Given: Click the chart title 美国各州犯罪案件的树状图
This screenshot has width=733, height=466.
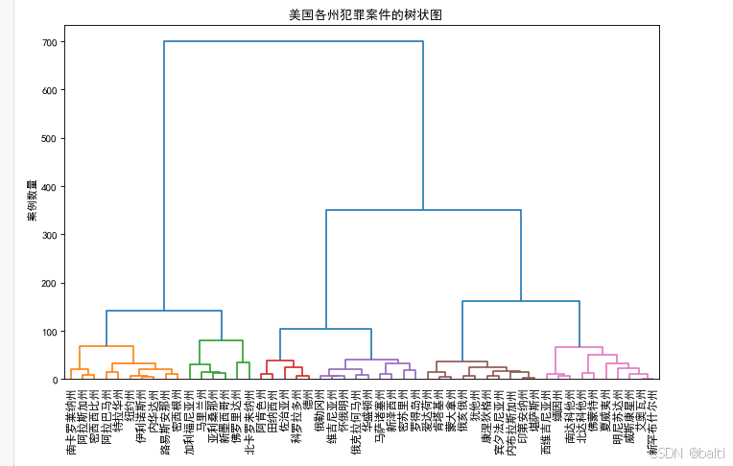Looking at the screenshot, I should coord(365,16).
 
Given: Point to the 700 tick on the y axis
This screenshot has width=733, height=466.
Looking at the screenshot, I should coord(49,43).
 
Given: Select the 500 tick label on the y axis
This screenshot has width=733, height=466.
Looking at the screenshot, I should coord(49,139).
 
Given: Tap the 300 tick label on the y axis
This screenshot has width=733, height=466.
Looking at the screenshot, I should coord(49,236).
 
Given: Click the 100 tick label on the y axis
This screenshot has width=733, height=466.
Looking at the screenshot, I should coord(49,332).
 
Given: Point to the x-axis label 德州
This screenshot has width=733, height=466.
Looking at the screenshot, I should coord(307,398).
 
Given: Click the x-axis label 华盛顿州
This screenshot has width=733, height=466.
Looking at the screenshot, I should coord(366,408).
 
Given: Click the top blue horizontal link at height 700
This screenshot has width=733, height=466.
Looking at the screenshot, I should coord(294,42).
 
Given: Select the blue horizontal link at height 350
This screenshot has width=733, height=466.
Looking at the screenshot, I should coord(423,211).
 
